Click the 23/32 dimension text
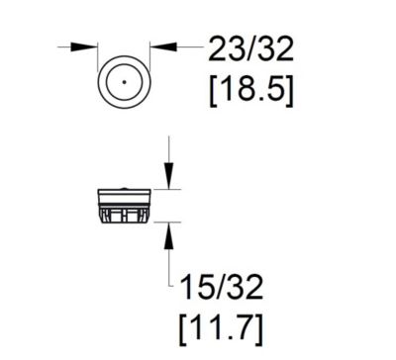[x=250, y=48]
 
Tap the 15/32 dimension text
[x=223, y=287]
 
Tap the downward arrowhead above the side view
[x=169, y=178]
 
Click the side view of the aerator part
[x=125, y=206]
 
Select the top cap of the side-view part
[x=125, y=192]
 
